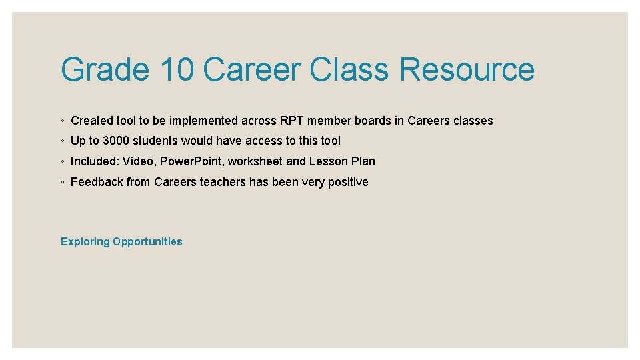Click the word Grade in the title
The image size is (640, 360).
pyautogui.click(x=105, y=70)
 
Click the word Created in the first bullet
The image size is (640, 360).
pyautogui.click(x=92, y=121)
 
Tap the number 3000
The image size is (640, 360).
pyautogui.click(x=117, y=141)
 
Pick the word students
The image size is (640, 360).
pyautogui.click(x=157, y=141)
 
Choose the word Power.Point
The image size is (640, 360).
pyautogui.click(x=191, y=161)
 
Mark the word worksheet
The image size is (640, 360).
pyautogui.click(x=255, y=161)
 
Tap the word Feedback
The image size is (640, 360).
pyautogui.click(x=97, y=182)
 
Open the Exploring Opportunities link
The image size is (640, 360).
pyautogui.click(x=121, y=242)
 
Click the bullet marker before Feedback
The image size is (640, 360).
pyautogui.click(x=62, y=183)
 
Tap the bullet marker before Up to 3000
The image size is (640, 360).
pyautogui.click(x=62, y=141)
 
